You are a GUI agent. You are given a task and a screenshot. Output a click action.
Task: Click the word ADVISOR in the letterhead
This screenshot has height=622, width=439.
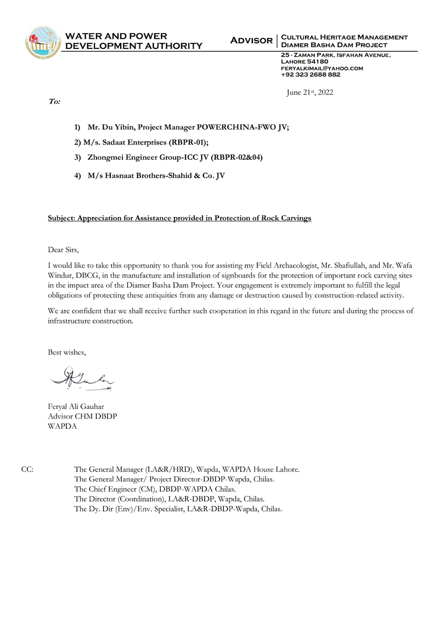point(251,41)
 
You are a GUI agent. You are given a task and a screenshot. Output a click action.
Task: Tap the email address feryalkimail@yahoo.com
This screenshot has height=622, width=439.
point(322,68)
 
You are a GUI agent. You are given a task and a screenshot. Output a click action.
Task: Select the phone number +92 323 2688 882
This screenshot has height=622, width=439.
point(311,75)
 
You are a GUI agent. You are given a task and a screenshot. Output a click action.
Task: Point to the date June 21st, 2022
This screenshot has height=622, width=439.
point(309,93)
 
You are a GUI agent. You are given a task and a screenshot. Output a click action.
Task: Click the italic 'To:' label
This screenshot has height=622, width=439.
point(54,102)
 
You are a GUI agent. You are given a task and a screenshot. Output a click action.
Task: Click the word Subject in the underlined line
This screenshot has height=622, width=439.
point(61,218)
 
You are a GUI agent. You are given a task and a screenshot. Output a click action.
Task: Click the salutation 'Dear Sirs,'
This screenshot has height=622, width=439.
point(64,250)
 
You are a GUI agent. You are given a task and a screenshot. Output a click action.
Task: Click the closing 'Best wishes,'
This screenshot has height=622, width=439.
point(67,352)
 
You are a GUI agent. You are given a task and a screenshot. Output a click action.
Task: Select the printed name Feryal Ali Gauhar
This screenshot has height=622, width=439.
point(77,407)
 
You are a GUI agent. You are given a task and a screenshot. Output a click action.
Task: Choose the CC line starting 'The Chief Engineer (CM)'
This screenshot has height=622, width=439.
point(155,489)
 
